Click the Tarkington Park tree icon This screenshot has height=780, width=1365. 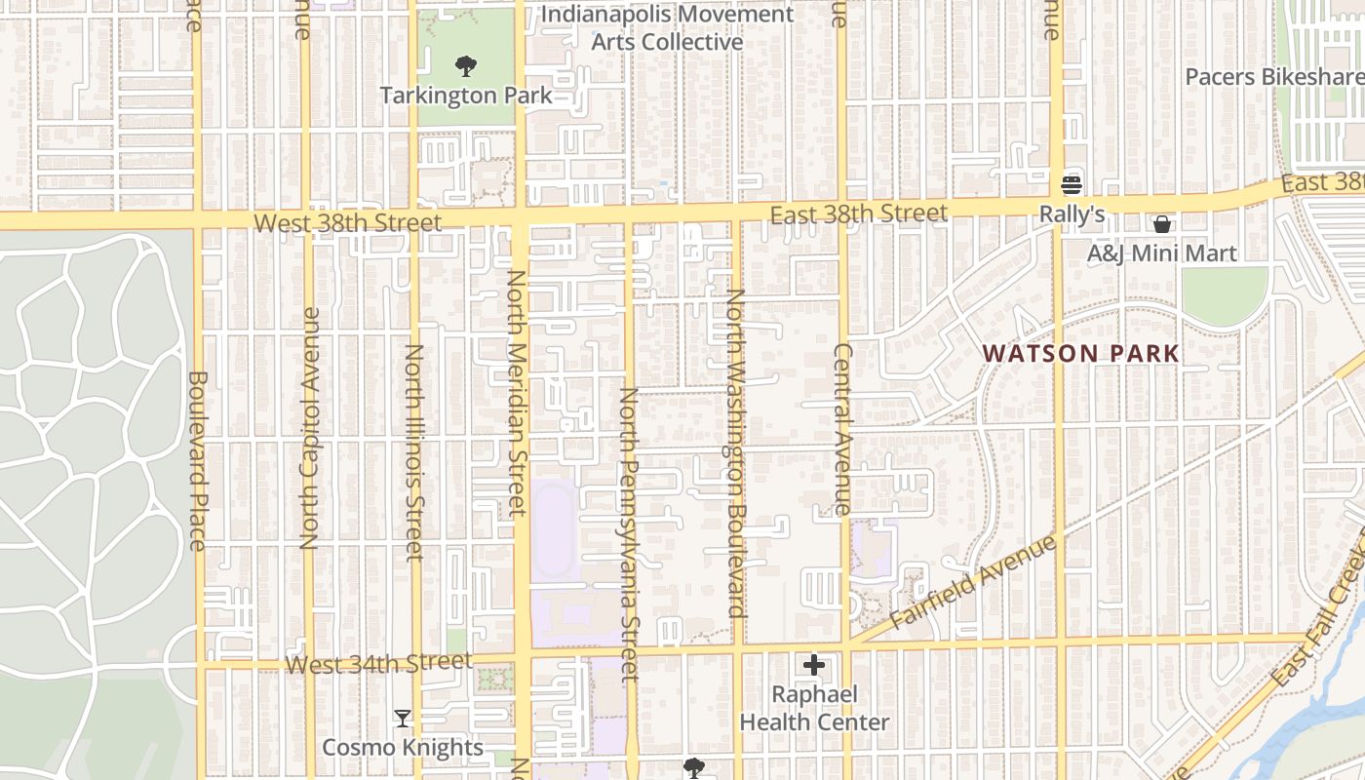click(466, 66)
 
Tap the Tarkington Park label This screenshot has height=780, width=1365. click(466, 96)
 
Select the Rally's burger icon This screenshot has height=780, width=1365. click(1072, 185)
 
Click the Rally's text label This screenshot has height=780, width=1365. click(1072, 214)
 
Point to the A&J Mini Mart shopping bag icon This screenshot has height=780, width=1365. click(1161, 225)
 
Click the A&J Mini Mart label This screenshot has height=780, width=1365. click(1161, 253)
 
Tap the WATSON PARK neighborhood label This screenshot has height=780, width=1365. click(1080, 353)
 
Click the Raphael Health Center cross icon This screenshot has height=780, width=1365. click(814, 666)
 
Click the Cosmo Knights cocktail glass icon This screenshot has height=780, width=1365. click(402, 719)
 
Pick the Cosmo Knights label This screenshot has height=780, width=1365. click(402, 748)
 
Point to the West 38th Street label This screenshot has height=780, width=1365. click(348, 223)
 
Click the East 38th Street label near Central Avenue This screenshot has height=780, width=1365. click(858, 214)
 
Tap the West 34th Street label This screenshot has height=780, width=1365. click(379, 664)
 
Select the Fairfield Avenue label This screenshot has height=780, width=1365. click(972, 582)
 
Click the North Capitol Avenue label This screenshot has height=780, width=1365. click(310, 429)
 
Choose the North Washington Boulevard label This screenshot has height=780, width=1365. click(734, 453)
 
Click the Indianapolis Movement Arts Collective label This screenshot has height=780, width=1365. click(667, 28)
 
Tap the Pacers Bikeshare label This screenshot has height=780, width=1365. click(1273, 76)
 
